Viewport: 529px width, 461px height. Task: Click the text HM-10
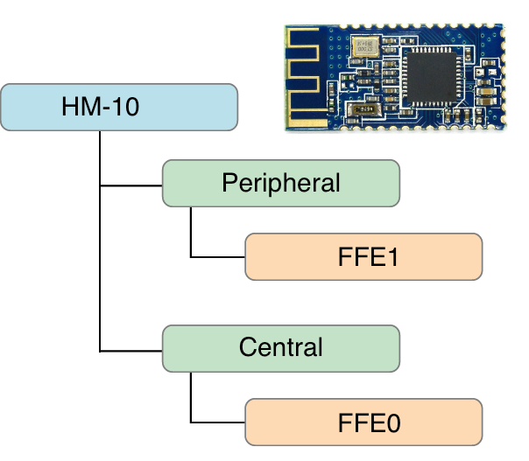tap(101, 106)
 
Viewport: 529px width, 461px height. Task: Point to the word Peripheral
tap(281, 183)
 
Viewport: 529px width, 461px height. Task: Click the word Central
tap(281, 347)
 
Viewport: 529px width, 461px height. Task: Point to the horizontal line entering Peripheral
tap(131, 185)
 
